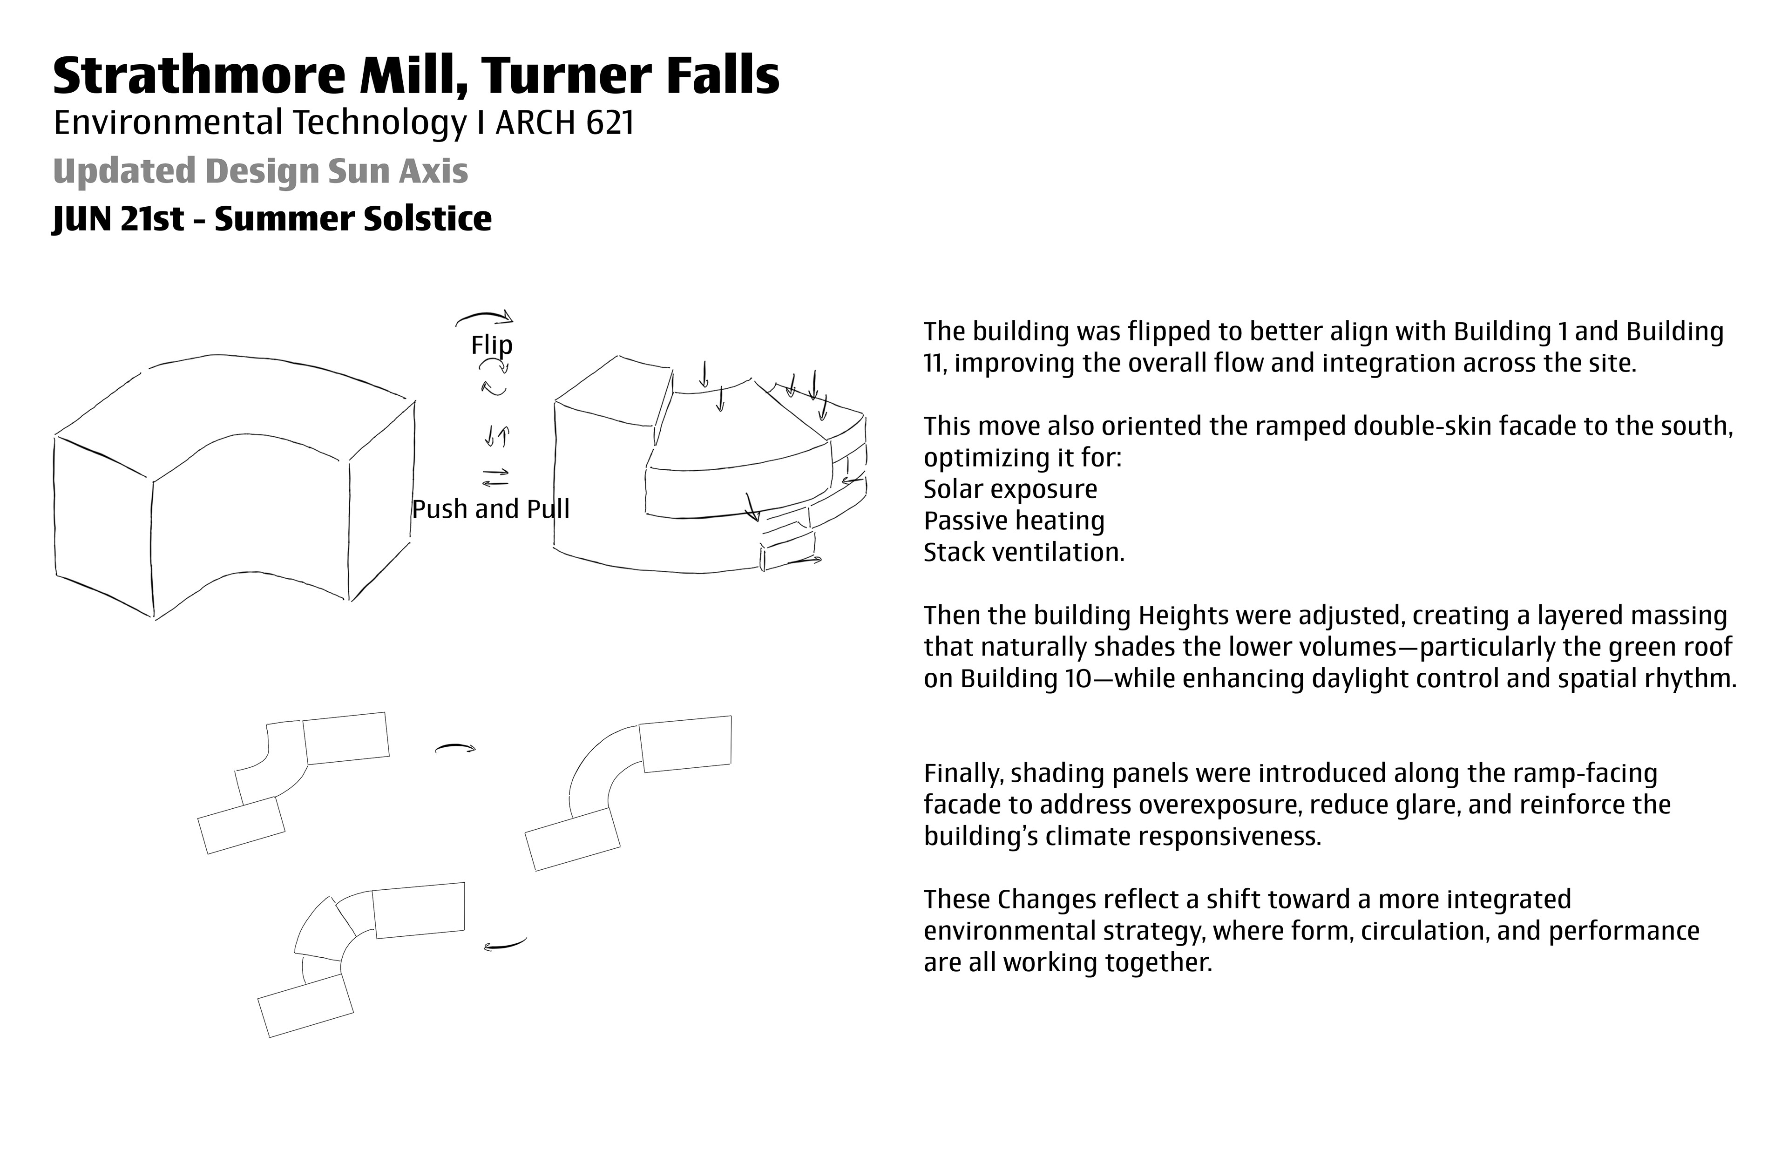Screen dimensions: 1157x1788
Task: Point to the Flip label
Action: point(491,345)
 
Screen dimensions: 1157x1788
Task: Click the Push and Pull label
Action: point(491,509)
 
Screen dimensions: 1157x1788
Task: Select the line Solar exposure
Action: point(1009,489)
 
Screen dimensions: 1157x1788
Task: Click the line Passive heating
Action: point(1014,521)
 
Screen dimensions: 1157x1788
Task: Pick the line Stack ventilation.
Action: point(1023,552)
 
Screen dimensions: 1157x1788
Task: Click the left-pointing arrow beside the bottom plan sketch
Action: point(504,944)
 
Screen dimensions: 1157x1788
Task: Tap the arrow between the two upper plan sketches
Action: point(455,748)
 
